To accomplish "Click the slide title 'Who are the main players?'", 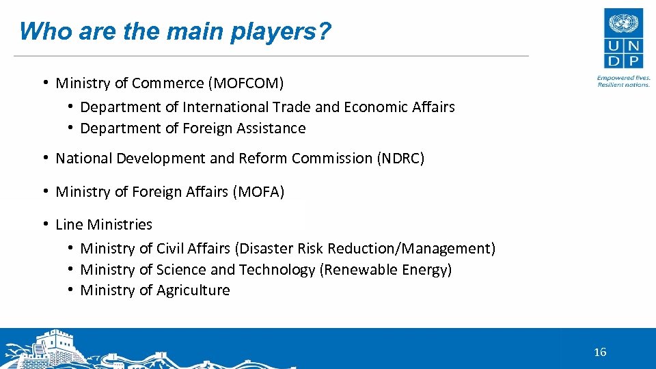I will [x=175, y=31].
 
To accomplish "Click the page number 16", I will [x=600, y=353].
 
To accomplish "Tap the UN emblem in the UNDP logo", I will [x=623, y=25].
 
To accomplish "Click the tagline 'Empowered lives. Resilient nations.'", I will [x=623, y=81].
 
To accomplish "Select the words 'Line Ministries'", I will [x=104, y=225].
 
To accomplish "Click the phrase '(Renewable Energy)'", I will [x=385, y=270].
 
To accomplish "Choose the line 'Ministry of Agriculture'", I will [x=155, y=290].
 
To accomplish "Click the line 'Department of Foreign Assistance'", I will [x=193, y=128].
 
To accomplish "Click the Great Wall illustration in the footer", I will [x=55, y=351].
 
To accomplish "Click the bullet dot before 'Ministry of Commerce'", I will [x=44, y=83].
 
